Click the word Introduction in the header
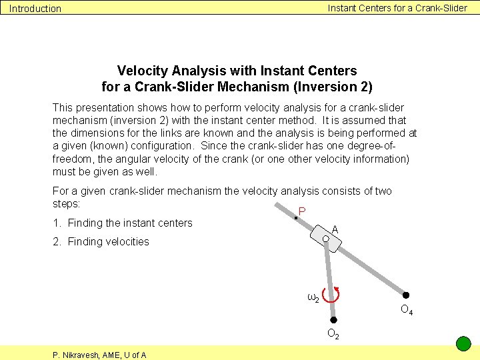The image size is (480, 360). [35, 9]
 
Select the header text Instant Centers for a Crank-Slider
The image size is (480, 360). [397, 8]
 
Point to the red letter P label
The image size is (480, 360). [302, 211]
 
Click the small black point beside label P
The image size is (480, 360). [295, 217]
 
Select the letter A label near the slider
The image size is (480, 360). [335, 229]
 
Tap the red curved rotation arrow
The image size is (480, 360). [331, 294]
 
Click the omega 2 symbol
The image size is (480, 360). [312, 297]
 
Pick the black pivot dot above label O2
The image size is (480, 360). [333, 321]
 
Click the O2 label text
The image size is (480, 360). [333, 335]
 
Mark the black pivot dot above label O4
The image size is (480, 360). [405, 295]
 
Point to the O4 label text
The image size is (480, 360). [406, 309]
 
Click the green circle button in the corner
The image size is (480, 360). [463, 344]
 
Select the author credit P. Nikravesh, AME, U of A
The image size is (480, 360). [99, 355]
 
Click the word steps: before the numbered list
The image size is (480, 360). [66, 203]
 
